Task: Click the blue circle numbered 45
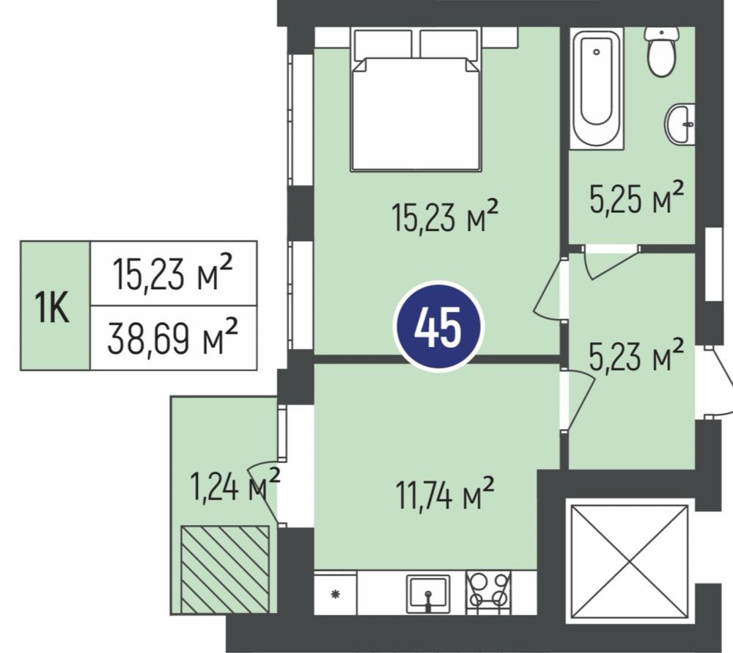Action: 438,326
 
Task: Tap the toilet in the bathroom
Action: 661,51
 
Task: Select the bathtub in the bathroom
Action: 596,88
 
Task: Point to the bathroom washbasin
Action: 680,125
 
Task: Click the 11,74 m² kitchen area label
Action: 445,494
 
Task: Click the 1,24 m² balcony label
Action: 235,485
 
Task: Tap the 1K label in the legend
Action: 54,307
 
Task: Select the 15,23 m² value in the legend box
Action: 172,273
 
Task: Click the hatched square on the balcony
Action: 225,569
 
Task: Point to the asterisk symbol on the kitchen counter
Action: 335,594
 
